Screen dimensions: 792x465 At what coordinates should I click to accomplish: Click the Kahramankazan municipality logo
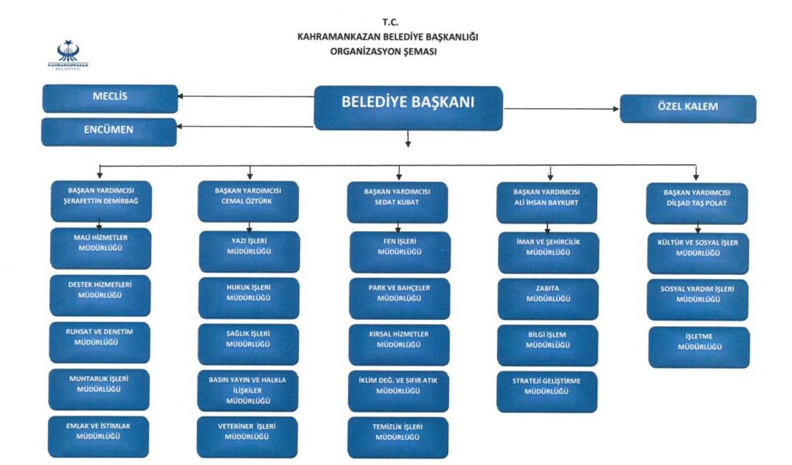(68, 55)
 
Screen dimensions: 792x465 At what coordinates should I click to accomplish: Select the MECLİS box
(110, 98)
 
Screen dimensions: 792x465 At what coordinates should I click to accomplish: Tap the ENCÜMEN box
(109, 132)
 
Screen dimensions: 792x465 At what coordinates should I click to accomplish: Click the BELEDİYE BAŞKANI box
(408, 108)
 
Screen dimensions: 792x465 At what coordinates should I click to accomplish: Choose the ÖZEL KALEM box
(688, 109)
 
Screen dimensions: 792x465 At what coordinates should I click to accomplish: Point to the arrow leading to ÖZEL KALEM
(562, 109)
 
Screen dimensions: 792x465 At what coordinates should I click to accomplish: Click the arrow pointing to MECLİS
(246, 96)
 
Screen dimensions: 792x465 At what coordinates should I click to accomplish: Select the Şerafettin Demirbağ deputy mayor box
(101, 201)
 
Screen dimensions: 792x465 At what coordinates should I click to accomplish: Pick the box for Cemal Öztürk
(248, 202)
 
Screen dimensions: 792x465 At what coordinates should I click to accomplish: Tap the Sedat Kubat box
(398, 202)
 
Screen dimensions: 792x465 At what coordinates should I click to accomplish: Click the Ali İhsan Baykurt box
(547, 203)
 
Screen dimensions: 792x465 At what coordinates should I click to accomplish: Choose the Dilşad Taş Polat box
(697, 203)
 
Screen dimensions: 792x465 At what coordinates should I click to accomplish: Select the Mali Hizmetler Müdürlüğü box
(101, 248)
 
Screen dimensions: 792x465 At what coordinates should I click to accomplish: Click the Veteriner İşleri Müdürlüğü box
(247, 437)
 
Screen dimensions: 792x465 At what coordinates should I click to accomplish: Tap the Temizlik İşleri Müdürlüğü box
(398, 438)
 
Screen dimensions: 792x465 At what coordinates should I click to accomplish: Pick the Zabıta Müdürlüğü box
(548, 299)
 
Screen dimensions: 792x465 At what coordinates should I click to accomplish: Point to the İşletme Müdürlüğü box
(699, 347)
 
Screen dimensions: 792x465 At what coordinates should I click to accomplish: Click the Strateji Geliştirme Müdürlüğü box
(547, 392)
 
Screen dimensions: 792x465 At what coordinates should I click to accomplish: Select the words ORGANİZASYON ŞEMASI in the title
(383, 52)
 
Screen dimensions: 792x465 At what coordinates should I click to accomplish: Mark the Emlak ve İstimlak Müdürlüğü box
(98, 437)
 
